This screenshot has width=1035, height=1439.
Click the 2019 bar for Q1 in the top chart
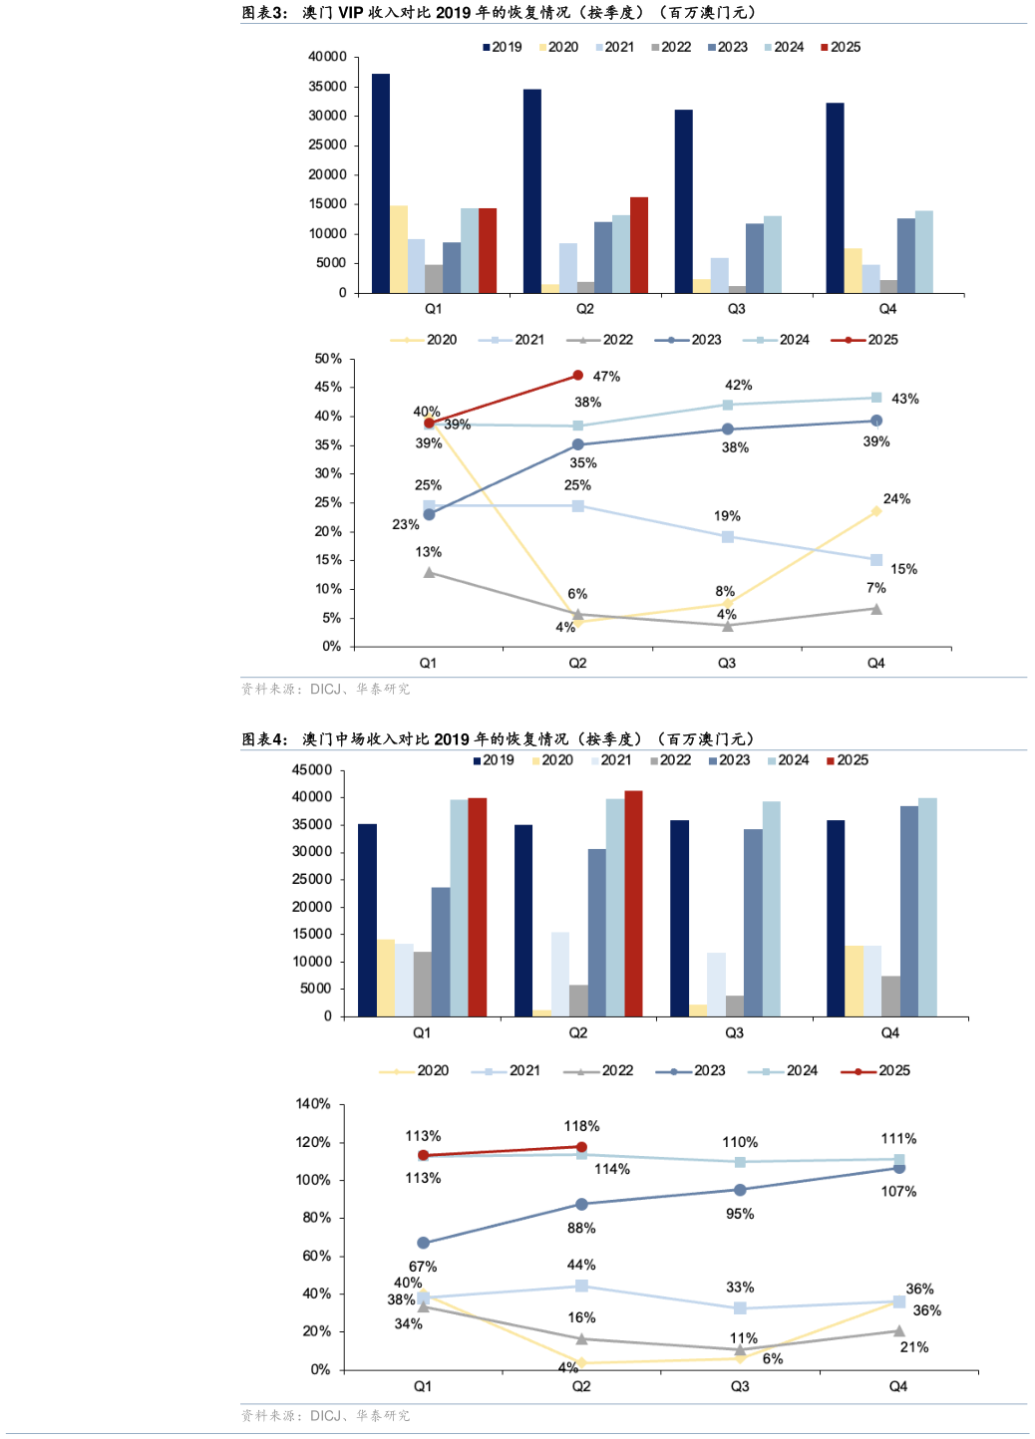(x=381, y=183)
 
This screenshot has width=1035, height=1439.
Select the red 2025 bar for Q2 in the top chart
(x=639, y=245)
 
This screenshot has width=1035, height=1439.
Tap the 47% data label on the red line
(x=606, y=377)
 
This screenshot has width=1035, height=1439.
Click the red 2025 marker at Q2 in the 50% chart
(x=578, y=376)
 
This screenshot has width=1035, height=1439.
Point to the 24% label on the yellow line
(x=896, y=499)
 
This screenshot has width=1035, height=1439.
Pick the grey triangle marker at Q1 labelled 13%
(x=429, y=572)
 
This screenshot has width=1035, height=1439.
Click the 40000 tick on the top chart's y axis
(x=327, y=57)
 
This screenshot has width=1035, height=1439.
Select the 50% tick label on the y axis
(x=328, y=359)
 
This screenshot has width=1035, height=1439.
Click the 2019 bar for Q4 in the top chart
(x=835, y=197)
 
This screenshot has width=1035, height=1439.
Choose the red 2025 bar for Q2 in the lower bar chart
(x=633, y=903)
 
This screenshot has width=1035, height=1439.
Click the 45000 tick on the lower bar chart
(x=312, y=770)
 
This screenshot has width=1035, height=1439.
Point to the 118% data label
(x=581, y=1126)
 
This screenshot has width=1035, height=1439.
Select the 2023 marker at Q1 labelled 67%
(x=424, y=1243)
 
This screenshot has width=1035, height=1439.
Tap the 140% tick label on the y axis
(x=313, y=1104)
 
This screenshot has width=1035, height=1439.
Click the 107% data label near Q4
(x=898, y=1192)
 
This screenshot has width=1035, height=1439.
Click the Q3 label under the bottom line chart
(x=740, y=1386)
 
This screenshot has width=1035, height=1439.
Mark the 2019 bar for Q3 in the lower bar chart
(x=679, y=918)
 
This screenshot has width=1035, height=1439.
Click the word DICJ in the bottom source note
(x=326, y=1415)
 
